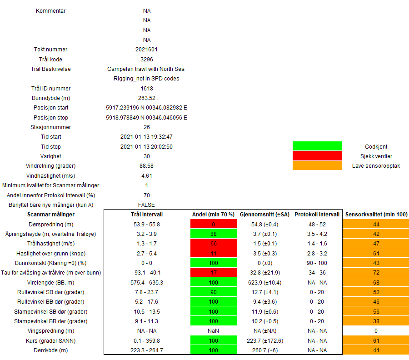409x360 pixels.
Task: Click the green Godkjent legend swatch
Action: tap(317, 146)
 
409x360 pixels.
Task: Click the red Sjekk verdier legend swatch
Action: tap(317, 156)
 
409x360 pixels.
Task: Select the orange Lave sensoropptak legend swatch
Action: tap(317, 165)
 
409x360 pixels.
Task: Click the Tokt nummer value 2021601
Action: tap(146, 50)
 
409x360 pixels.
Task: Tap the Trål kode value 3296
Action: tap(146, 59)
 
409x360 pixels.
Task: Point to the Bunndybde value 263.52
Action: tap(146, 98)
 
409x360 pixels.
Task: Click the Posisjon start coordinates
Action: tap(146, 108)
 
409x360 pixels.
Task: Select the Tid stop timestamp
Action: tap(146, 147)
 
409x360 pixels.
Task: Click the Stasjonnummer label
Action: tap(51, 127)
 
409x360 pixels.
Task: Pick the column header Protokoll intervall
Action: tap(317, 215)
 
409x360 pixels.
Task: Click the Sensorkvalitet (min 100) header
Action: tap(376, 215)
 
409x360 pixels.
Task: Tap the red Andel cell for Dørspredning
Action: tap(214, 224)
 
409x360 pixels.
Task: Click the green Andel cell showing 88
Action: tap(214, 234)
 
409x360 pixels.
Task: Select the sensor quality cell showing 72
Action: tap(376, 272)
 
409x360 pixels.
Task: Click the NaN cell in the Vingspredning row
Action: tap(214, 330)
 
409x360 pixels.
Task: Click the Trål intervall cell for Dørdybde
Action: tap(146, 350)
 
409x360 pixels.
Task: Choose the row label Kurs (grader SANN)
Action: tap(51, 340)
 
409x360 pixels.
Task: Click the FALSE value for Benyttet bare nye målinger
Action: tap(146, 205)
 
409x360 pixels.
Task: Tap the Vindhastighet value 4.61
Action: tap(146, 175)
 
